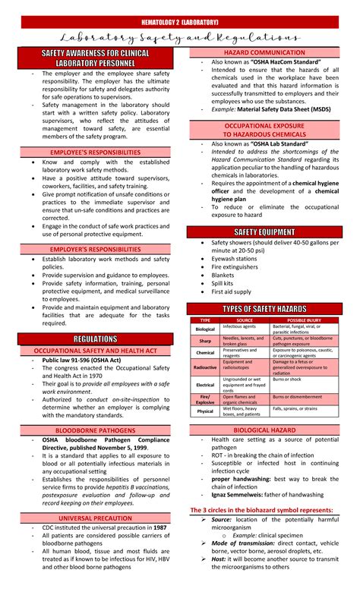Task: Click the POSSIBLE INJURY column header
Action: click(x=303, y=320)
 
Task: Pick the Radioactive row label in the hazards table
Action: click(x=205, y=367)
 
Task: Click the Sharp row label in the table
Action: click(x=205, y=341)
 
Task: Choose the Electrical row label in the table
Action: click(x=205, y=384)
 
